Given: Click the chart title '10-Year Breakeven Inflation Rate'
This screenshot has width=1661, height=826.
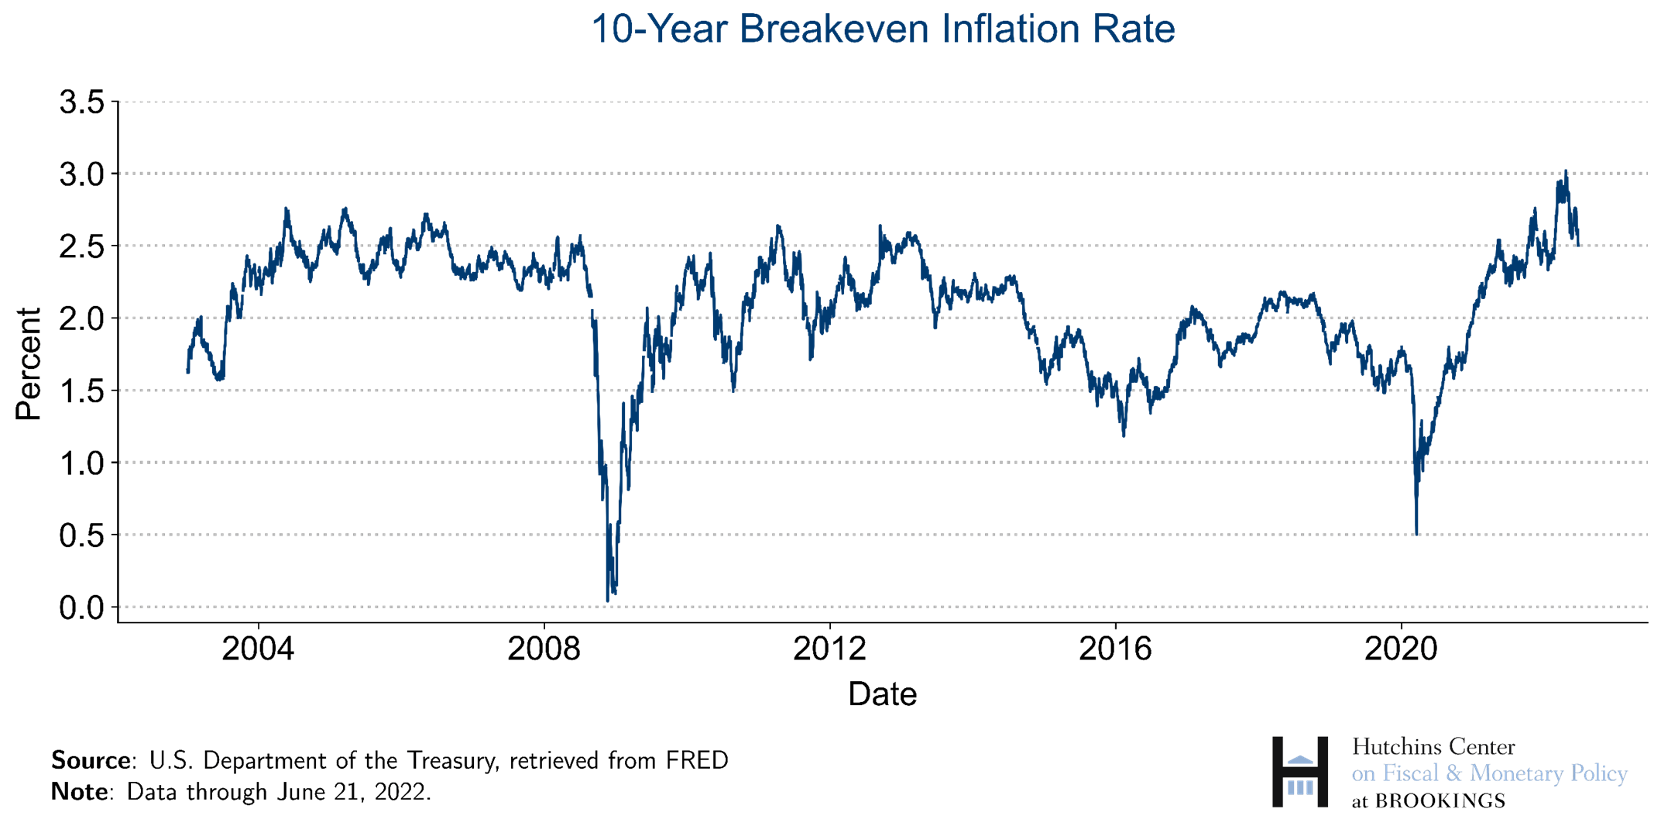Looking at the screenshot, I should click(x=883, y=29).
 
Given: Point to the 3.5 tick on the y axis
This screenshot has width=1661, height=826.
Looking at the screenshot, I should click(x=82, y=102).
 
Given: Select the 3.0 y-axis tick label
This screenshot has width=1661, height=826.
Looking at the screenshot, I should click(x=82, y=174).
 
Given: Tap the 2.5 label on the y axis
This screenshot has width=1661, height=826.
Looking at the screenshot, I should click(x=82, y=246).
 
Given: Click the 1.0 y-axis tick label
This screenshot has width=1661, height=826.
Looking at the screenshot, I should click(x=82, y=463).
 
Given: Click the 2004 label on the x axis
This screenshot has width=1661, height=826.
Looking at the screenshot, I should click(x=258, y=649).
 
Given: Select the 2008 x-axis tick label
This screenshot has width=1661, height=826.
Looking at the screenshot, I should click(x=544, y=649).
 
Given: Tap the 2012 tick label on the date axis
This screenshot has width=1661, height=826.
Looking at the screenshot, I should click(x=829, y=649).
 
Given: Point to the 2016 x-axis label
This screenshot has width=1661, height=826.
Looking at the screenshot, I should click(x=1115, y=649).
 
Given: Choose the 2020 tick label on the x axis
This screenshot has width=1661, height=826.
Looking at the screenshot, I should click(x=1401, y=649).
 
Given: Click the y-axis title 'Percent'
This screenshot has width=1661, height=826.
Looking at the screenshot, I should click(x=29, y=363).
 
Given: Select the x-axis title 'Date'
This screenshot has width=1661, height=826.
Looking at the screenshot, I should click(x=882, y=694).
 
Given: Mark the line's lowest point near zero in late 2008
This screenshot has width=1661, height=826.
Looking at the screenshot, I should click(x=607, y=600).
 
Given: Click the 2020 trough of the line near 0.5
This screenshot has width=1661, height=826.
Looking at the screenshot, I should click(x=1416, y=534).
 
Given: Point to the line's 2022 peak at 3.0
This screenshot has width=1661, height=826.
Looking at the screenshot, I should click(x=1565, y=171).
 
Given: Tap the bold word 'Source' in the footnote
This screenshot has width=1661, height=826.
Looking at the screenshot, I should click(x=89, y=761).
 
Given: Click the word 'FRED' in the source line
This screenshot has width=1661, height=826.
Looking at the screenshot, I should click(x=697, y=761).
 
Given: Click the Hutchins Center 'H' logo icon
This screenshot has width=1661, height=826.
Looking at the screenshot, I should click(x=1300, y=773).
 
